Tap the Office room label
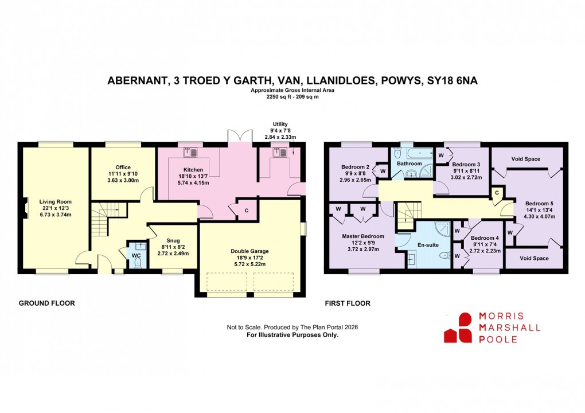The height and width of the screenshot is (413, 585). coord(123,167)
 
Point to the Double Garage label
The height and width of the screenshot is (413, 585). coord(249,251)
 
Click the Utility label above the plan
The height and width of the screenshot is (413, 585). coord(280,124)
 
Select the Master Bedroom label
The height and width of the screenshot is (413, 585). coord(363,236)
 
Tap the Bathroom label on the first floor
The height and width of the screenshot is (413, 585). coord(410,163)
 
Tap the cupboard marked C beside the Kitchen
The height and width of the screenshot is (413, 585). coord(246,210)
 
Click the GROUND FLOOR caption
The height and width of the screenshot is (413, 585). coord(46,303)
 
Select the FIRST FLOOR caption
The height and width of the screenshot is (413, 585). coord(348,303)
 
